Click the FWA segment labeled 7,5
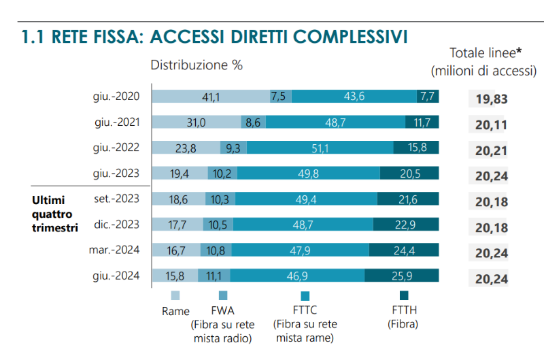tap(279, 96)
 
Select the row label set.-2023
tap(117, 199)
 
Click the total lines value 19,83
tap(492, 99)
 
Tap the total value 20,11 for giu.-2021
tap(492, 125)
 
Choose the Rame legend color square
tap(175, 295)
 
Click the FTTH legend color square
tap(403, 295)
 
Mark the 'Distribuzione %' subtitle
tap(197, 65)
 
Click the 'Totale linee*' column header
tap(485, 54)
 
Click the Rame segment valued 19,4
tap(180, 174)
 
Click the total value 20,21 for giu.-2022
tap(492, 150)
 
